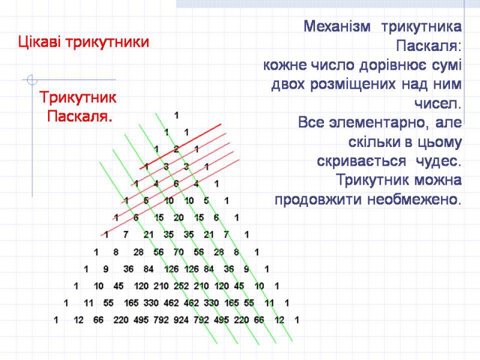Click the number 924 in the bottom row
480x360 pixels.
coord(180,320)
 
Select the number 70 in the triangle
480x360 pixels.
coord(178,251)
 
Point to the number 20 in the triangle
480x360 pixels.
coord(179,217)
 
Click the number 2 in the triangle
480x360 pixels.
coord(176,148)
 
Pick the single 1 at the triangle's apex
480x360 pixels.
coord(176,113)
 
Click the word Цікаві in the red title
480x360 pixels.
coord(40,43)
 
